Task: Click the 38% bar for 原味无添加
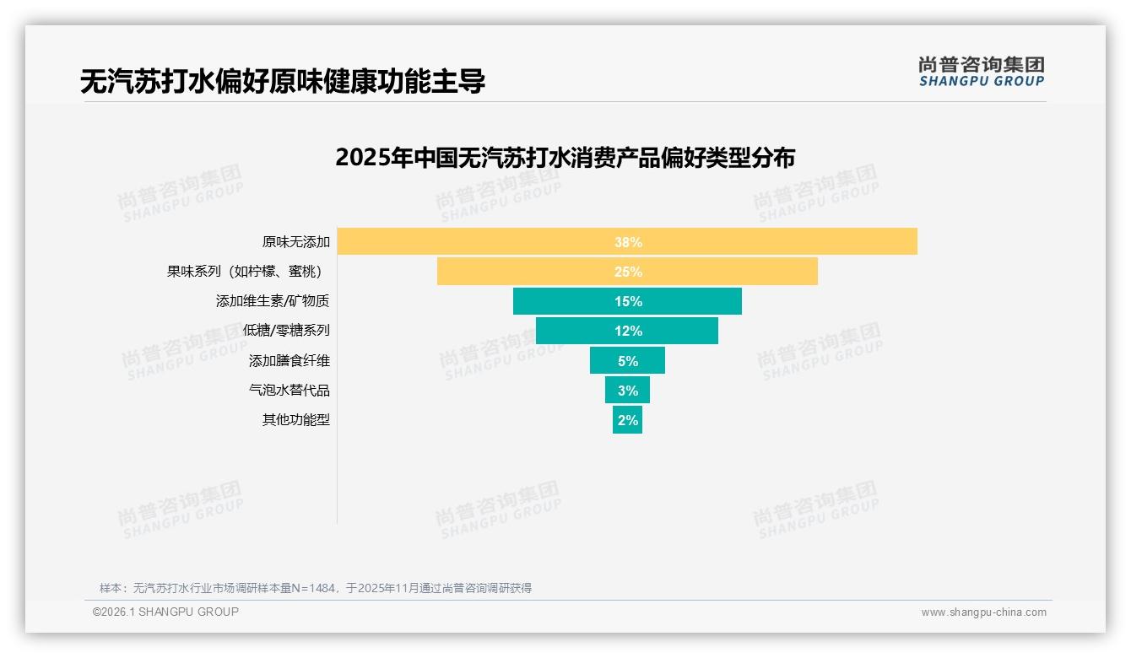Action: click(627, 242)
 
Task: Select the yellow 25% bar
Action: click(627, 272)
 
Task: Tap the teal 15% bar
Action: click(627, 301)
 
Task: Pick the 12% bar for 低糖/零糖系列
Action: click(627, 331)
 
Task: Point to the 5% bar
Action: click(627, 360)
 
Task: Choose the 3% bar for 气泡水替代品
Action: click(627, 391)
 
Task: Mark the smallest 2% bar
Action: click(627, 420)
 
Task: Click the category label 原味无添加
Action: click(295, 242)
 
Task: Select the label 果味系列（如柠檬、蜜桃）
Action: click(246, 272)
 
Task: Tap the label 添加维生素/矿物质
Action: click(273, 301)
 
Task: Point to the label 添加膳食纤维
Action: click(289, 361)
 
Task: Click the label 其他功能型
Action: click(295, 420)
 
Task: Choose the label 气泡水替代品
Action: click(289, 391)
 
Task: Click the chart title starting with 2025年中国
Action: click(565, 158)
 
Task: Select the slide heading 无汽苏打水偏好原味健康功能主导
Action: click(283, 82)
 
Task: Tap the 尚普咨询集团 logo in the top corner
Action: click(981, 72)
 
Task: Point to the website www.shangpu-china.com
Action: click(983, 612)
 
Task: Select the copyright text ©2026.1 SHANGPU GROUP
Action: click(165, 612)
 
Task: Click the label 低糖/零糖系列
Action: click(286, 331)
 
